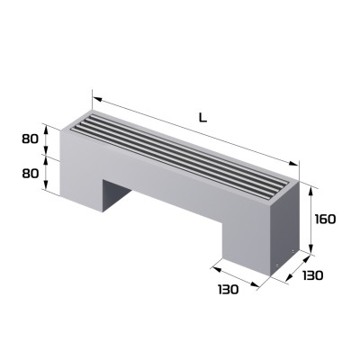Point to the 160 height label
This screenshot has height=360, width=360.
[327, 219]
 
